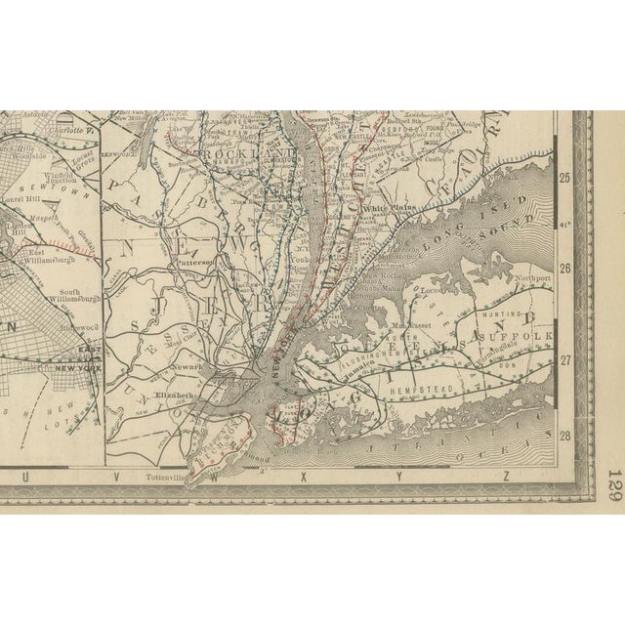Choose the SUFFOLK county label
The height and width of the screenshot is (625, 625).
529,337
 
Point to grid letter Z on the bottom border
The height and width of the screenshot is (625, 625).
507,477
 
